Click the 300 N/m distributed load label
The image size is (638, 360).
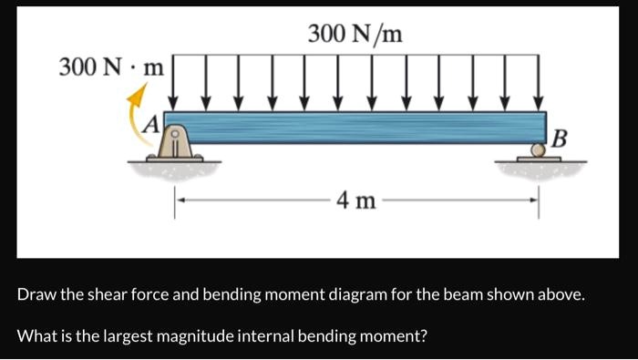[x=355, y=35]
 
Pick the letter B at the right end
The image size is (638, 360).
[x=561, y=139]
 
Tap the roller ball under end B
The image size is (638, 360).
[x=538, y=152]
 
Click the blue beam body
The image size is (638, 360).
[x=355, y=127]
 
